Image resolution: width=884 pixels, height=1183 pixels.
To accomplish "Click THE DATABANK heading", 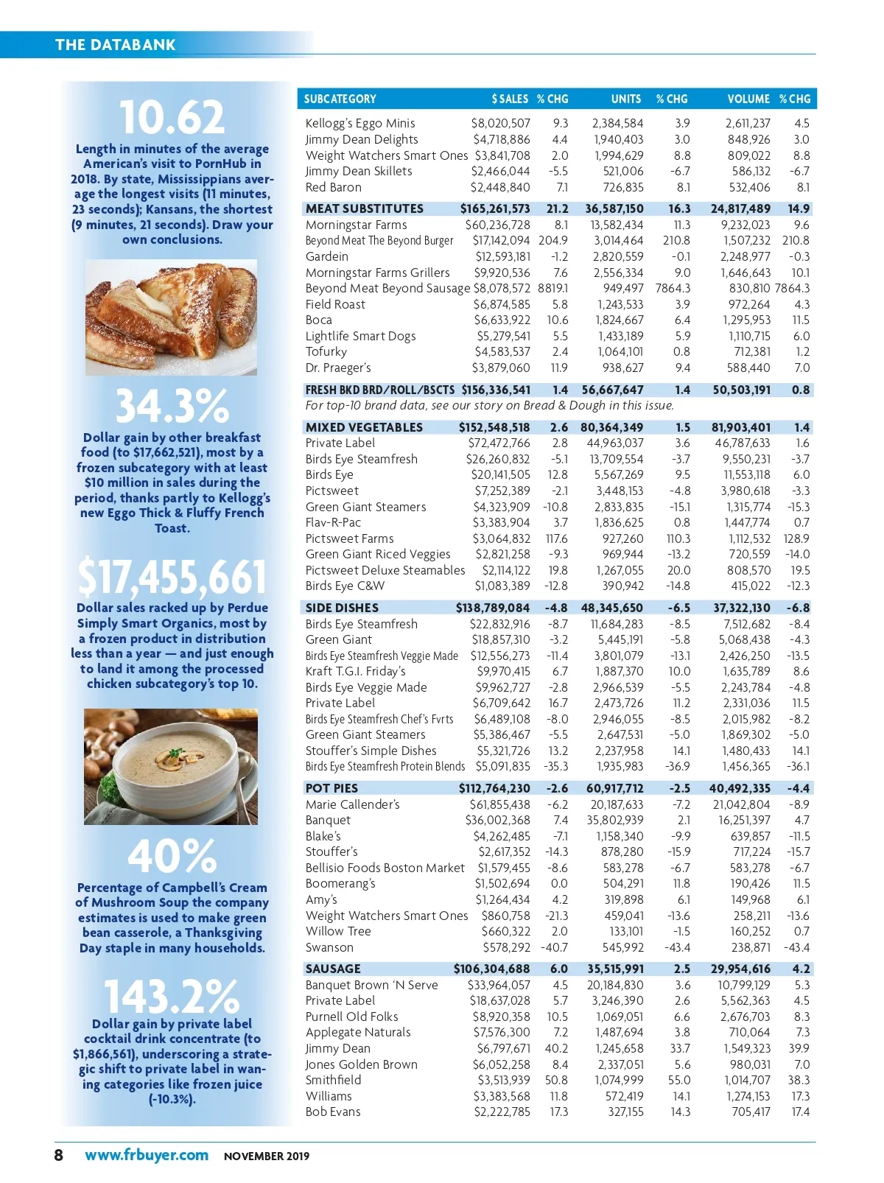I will (x=116, y=44).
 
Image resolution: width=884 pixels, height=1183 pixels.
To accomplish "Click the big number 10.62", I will (x=172, y=118).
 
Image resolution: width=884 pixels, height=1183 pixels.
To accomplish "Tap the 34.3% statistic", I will (x=172, y=406).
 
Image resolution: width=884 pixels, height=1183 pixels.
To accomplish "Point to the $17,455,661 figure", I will (x=172, y=577).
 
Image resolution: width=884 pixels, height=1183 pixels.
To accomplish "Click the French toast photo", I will (x=172, y=317).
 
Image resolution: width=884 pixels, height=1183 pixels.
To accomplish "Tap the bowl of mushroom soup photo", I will (x=171, y=766).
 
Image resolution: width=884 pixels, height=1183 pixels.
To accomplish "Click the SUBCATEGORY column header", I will (x=340, y=99).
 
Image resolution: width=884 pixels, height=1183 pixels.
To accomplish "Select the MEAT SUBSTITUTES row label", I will (x=365, y=208).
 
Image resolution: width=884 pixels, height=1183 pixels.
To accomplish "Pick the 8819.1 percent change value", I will (x=553, y=288).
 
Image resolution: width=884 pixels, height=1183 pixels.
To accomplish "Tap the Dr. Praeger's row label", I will (x=338, y=368).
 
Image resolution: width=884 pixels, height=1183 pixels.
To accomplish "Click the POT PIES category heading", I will (x=331, y=788).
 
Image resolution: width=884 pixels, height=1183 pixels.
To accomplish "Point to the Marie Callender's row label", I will (x=353, y=804).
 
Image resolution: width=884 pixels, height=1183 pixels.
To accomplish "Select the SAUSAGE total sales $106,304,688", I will (x=491, y=969).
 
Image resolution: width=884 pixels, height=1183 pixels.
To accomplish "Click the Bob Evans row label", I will (x=333, y=1112).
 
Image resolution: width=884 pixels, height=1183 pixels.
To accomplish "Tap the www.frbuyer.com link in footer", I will (x=147, y=1155).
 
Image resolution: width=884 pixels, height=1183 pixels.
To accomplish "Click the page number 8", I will (x=59, y=1155).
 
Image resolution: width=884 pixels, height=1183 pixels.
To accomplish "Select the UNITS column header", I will (x=625, y=99).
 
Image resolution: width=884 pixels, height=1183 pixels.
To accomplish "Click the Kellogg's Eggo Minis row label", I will (x=360, y=123).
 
